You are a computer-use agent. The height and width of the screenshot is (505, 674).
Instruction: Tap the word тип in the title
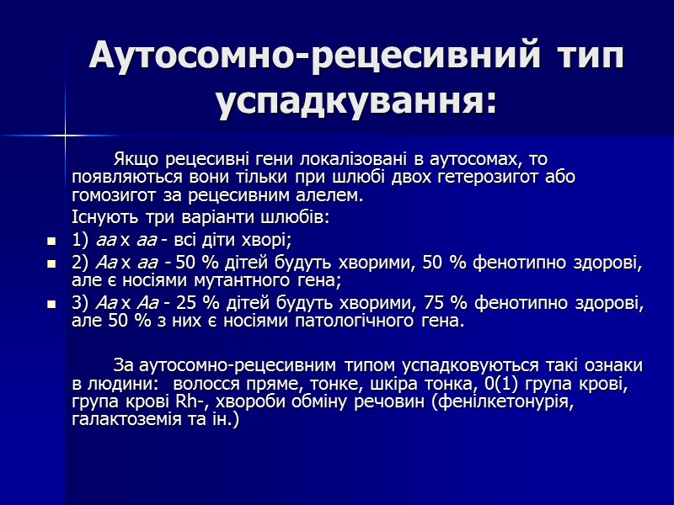(x=590, y=56)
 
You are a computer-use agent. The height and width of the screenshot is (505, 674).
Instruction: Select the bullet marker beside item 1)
(x=51, y=242)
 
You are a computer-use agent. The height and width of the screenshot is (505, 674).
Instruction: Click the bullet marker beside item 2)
(x=51, y=263)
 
